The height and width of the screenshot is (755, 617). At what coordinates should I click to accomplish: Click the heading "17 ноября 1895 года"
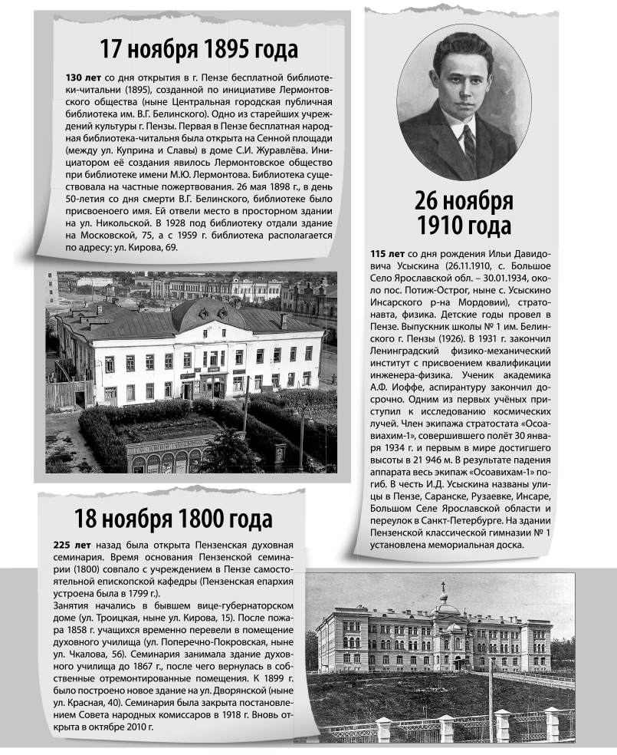pyautogui.click(x=199, y=51)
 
